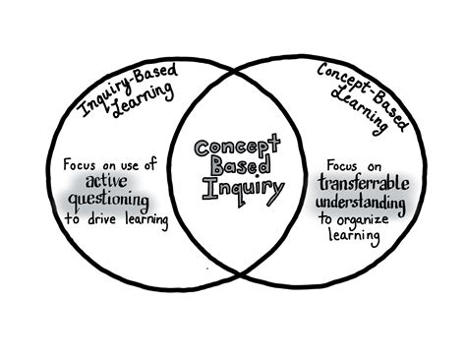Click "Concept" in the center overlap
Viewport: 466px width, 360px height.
point(233,149)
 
